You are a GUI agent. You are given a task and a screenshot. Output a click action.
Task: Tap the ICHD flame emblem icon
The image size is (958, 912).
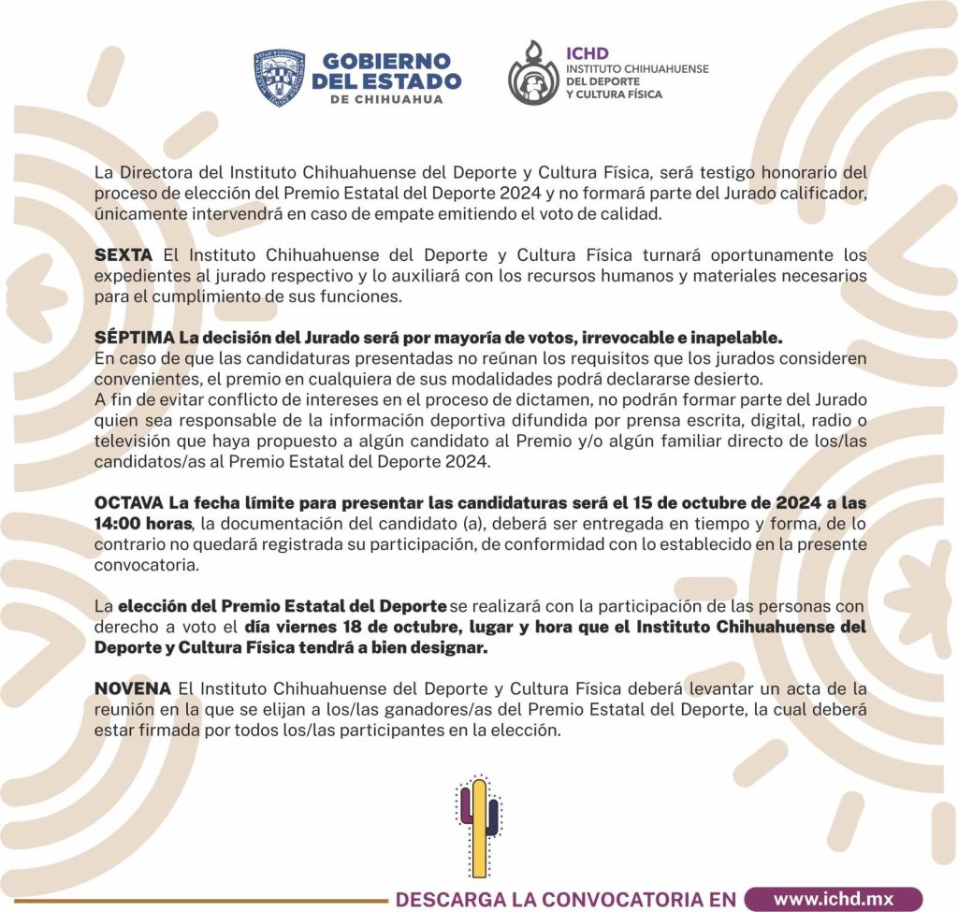click(533, 72)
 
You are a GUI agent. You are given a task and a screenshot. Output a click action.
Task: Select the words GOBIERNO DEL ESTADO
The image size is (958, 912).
click(386, 72)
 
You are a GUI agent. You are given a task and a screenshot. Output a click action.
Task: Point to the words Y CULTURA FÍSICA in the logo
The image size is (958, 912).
click(614, 94)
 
